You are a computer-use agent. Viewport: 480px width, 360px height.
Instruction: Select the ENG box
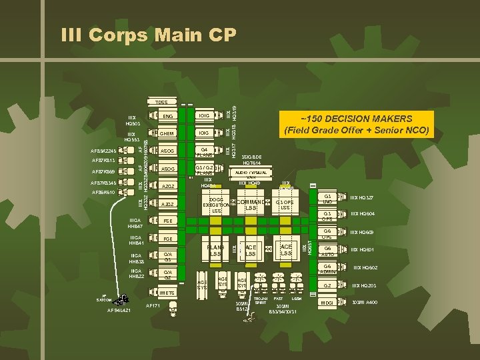coord(167,117)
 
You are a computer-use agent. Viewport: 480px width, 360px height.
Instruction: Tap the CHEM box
coord(167,133)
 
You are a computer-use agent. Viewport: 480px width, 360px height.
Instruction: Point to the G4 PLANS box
coord(205,151)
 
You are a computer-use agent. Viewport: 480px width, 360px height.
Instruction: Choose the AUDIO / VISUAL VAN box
coord(251,174)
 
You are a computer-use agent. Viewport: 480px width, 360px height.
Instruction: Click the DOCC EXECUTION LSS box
coord(215,205)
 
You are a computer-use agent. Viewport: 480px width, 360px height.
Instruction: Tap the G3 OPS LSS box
coord(285,205)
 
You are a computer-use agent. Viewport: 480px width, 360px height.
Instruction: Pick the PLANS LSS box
coord(215,251)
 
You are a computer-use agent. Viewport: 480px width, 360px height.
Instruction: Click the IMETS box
coord(167,291)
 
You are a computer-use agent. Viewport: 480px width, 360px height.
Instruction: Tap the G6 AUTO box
coord(327,251)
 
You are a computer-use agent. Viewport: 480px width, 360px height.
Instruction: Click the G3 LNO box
coord(327,199)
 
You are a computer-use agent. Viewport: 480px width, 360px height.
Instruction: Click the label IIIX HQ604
coord(363,213)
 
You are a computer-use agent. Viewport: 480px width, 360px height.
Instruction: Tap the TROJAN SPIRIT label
coord(261,301)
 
